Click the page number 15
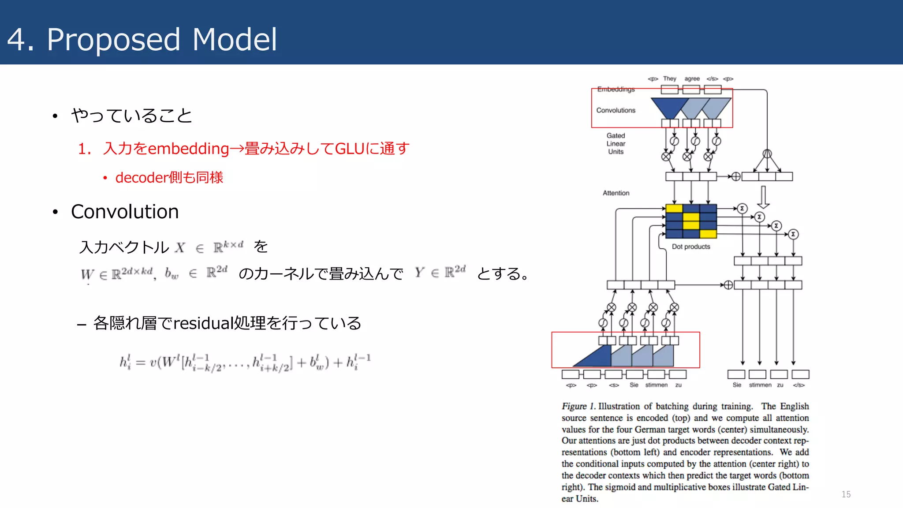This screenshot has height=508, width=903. tap(846, 494)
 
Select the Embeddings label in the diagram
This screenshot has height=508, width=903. tap(616, 90)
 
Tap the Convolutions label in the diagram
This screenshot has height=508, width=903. tap(616, 110)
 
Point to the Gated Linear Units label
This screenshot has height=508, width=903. tap(616, 144)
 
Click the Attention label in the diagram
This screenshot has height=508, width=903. tap(616, 193)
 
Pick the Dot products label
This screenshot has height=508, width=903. tap(690, 247)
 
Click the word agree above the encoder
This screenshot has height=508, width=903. tap(692, 79)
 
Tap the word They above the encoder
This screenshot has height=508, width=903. tap(669, 79)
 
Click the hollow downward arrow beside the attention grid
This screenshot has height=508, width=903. tap(763, 197)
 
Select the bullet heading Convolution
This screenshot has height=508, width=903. tap(125, 212)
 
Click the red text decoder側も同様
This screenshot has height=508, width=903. tap(169, 178)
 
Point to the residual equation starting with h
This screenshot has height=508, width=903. tap(245, 362)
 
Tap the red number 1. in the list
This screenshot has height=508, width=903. tap(84, 149)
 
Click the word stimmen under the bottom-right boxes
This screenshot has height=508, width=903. tap(760, 385)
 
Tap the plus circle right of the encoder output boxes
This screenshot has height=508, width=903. tap(735, 177)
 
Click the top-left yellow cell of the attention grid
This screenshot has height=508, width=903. tap(674, 209)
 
